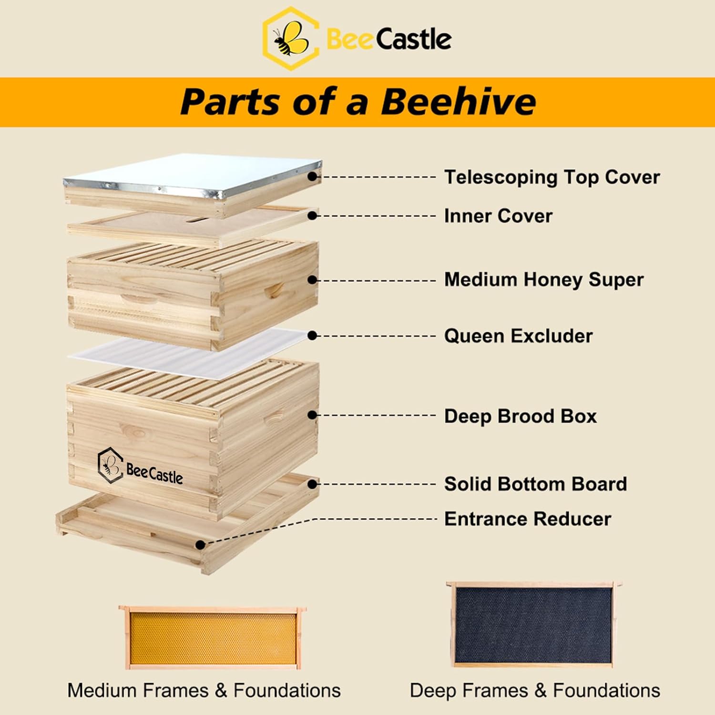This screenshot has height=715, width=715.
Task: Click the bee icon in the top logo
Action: (x=289, y=39)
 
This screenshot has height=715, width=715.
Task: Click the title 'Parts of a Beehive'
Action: (x=358, y=102)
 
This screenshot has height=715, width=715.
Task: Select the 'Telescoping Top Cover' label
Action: (x=552, y=177)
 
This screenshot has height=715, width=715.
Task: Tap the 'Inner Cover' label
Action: (x=498, y=216)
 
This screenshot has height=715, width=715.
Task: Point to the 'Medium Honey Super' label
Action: (x=544, y=279)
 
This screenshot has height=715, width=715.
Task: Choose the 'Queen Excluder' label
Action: (x=518, y=336)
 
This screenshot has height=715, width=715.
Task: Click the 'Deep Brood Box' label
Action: (x=520, y=416)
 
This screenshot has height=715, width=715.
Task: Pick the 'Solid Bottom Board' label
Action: (x=535, y=484)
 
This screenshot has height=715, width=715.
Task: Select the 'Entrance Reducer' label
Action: (x=527, y=519)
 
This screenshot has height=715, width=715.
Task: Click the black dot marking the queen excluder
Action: (x=312, y=336)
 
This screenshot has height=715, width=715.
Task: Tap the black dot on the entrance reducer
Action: (x=201, y=544)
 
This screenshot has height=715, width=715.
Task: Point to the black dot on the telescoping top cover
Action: (x=312, y=177)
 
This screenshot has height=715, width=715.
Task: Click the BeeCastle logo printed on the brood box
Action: (x=140, y=467)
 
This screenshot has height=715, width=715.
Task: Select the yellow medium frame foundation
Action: (x=213, y=639)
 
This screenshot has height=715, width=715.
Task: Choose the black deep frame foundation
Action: (x=532, y=625)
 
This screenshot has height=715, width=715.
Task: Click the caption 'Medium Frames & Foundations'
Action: (x=204, y=690)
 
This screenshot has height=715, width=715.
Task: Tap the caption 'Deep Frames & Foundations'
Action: (x=535, y=690)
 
